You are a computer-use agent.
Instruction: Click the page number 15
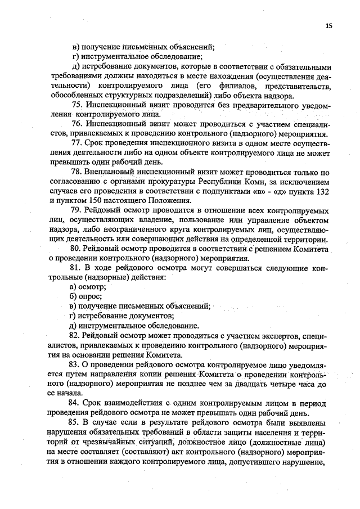[x=328, y=26]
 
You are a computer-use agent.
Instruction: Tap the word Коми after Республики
[x=243, y=181]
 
